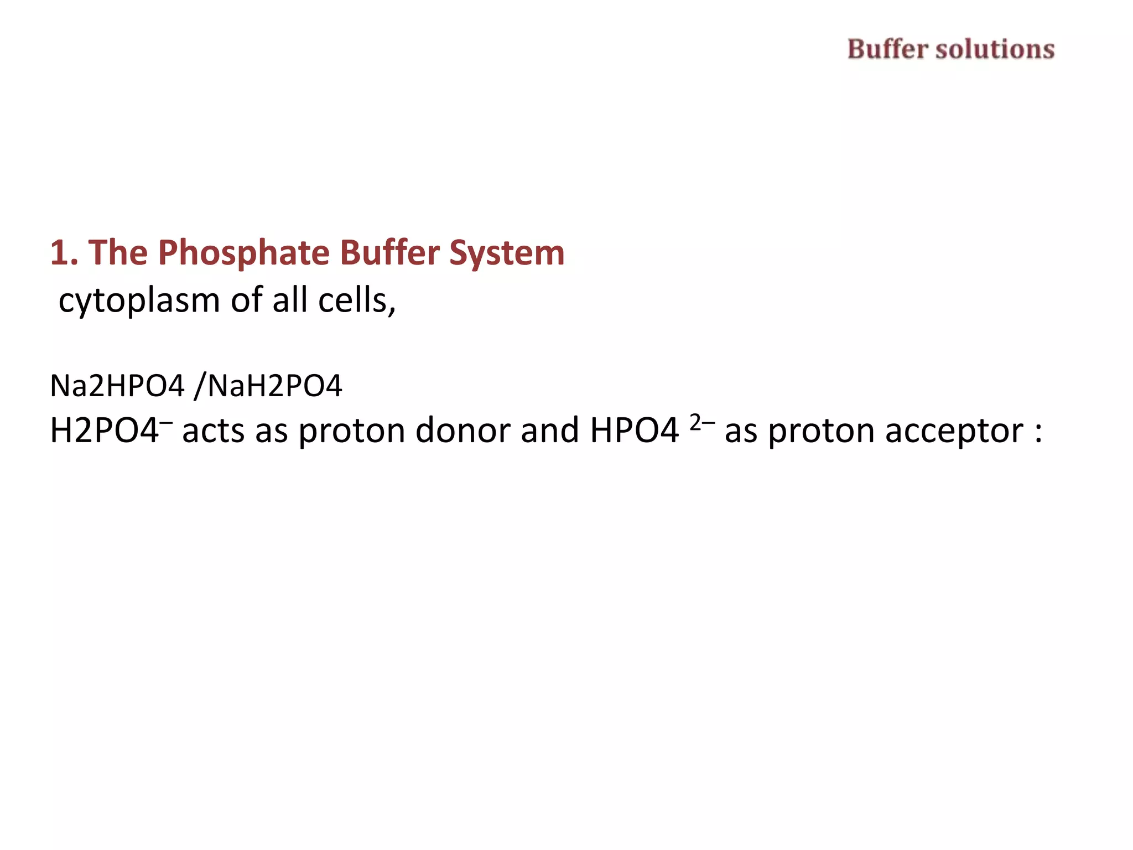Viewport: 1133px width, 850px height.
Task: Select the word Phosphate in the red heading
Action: (244, 253)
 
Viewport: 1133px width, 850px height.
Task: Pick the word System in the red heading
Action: (507, 253)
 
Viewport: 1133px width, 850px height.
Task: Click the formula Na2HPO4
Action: (117, 386)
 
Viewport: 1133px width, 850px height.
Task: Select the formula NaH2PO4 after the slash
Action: (275, 386)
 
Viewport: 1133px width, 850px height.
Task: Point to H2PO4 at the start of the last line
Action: (104, 431)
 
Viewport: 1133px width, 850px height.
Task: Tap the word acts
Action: (213, 431)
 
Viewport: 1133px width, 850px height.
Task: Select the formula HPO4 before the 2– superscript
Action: (634, 431)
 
